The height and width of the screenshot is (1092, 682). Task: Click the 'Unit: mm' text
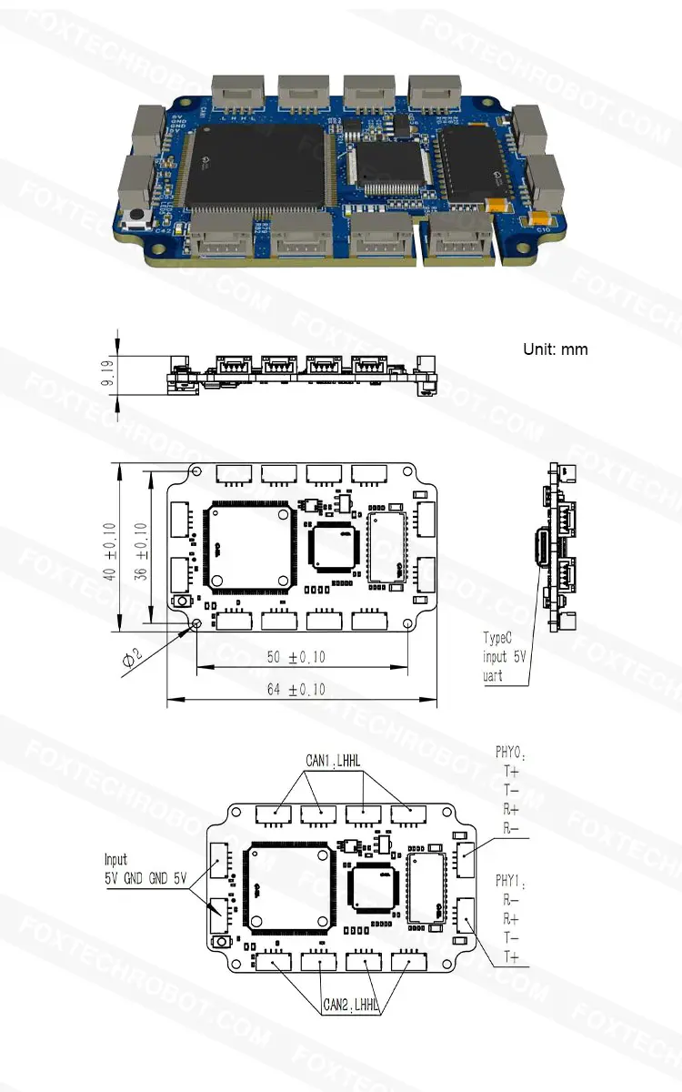555,349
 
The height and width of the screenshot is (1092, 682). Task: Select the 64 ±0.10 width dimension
296,691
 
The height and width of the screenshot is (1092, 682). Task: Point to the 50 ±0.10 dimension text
296,657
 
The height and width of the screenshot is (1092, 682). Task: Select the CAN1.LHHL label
333,762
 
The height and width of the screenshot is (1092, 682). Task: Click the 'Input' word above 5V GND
115,859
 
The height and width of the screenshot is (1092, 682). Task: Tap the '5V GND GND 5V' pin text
145,878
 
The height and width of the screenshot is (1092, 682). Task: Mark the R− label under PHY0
511,828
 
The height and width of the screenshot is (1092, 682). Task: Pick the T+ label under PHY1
511,957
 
